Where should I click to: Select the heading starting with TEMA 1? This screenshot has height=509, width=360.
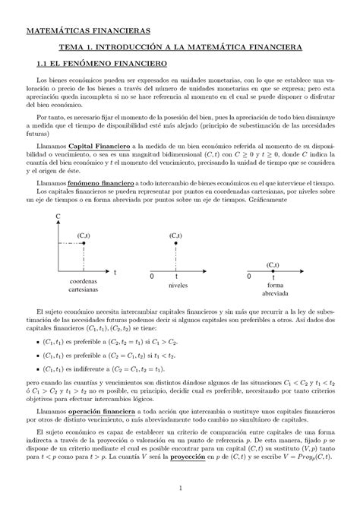[180, 47]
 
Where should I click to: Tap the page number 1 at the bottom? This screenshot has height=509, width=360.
[179, 487]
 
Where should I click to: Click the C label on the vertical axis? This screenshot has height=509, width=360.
[57, 217]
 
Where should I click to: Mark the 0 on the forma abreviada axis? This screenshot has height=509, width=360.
[248, 279]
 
